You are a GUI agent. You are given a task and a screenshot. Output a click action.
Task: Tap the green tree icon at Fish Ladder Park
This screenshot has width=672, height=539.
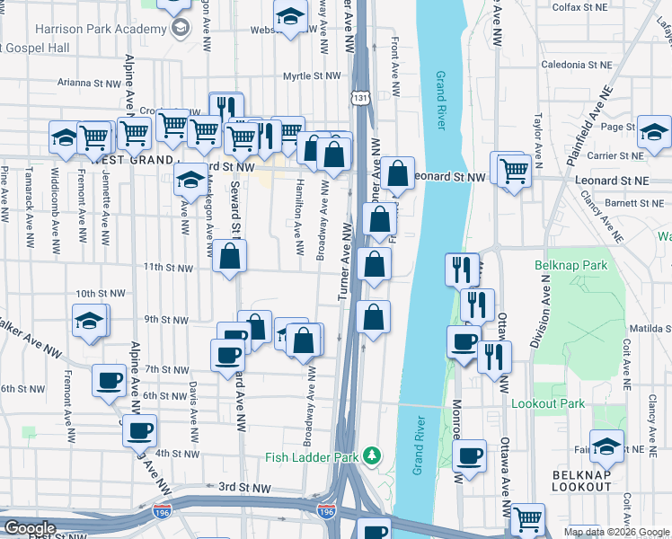pos(372,456)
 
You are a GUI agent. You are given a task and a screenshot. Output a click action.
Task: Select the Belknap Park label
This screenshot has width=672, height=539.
pos(570,265)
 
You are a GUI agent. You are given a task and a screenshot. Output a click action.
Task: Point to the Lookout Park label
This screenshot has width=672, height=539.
pos(547,404)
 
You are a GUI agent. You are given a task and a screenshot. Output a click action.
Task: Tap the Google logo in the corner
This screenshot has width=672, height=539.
pos(30,528)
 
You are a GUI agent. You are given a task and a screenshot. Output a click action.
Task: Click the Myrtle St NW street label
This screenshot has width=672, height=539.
pos(307,77)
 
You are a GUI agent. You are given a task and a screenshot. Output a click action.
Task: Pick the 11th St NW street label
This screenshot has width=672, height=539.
pos(168,267)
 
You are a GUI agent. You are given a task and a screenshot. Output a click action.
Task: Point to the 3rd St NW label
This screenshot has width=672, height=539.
pos(245,487)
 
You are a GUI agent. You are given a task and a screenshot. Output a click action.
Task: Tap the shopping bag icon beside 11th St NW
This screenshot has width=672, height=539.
pos(231,256)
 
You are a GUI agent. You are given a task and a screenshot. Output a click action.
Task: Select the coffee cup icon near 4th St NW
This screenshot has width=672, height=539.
pos(140,431)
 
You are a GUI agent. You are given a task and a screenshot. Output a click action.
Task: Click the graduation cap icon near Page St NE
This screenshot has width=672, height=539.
pos(654,132)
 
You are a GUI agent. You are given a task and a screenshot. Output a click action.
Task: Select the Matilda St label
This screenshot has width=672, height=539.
pos(650,330)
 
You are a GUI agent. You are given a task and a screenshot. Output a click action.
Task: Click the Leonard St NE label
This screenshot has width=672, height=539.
pos(610,181)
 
